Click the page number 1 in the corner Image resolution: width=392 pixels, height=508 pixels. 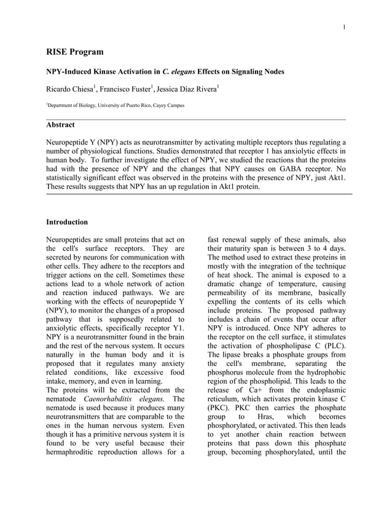coord(345,26)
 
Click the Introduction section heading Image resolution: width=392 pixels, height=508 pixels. coord(67,221)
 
